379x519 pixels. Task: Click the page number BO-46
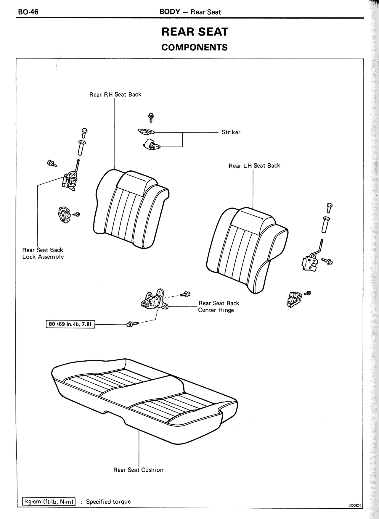(x=28, y=12)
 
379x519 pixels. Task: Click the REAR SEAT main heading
(x=195, y=32)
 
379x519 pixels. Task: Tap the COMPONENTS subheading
(x=195, y=47)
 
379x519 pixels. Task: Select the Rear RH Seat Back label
(x=115, y=94)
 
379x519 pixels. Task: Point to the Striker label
(x=231, y=132)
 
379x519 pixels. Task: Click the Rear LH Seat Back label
(x=254, y=166)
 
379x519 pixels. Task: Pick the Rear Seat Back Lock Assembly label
(x=43, y=253)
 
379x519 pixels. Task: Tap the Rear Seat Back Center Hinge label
(x=219, y=307)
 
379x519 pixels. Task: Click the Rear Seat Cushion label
(x=138, y=470)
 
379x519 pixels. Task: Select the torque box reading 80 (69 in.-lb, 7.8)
(x=70, y=324)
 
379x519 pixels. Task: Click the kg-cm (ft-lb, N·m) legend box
(x=49, y=502)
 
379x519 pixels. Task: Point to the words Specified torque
(x=108, y=502)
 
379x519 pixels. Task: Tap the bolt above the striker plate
(x=151, y=117)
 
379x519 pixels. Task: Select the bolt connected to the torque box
(x=132, y=324)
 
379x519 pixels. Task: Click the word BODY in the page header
(x=170, y=12)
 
